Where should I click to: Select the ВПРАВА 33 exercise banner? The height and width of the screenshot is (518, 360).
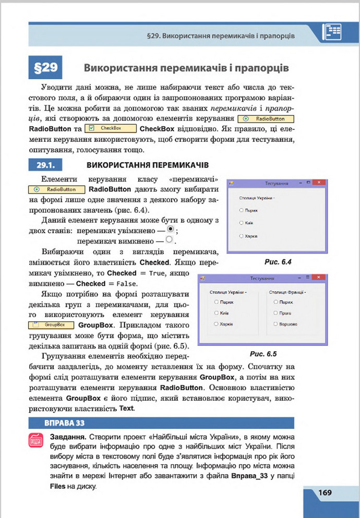(57, 423)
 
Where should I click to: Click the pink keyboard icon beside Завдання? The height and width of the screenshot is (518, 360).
(37, 441)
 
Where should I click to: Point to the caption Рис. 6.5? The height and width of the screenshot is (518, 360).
(262, 353)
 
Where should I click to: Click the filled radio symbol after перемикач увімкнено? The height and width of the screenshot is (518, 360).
(170, 229)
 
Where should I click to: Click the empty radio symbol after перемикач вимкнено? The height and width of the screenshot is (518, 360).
(169, 240)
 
